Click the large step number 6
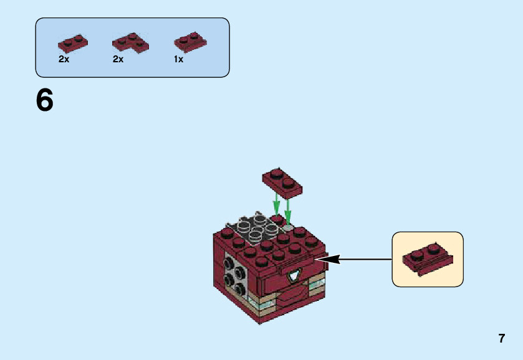pos(44,100)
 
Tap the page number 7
pos(502,338)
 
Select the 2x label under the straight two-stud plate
pos(64,59)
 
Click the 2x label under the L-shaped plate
pos(118,59)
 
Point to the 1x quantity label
pos(178,59)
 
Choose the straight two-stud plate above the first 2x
pos(73,44)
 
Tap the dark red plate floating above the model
pos(282,183)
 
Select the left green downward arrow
pos(276,205)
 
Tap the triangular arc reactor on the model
pos(294,275)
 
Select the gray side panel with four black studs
pos(236,274)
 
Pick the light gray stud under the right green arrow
pos(288,228)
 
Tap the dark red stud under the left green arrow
pos(277,219)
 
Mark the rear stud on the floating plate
pos(276,173)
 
